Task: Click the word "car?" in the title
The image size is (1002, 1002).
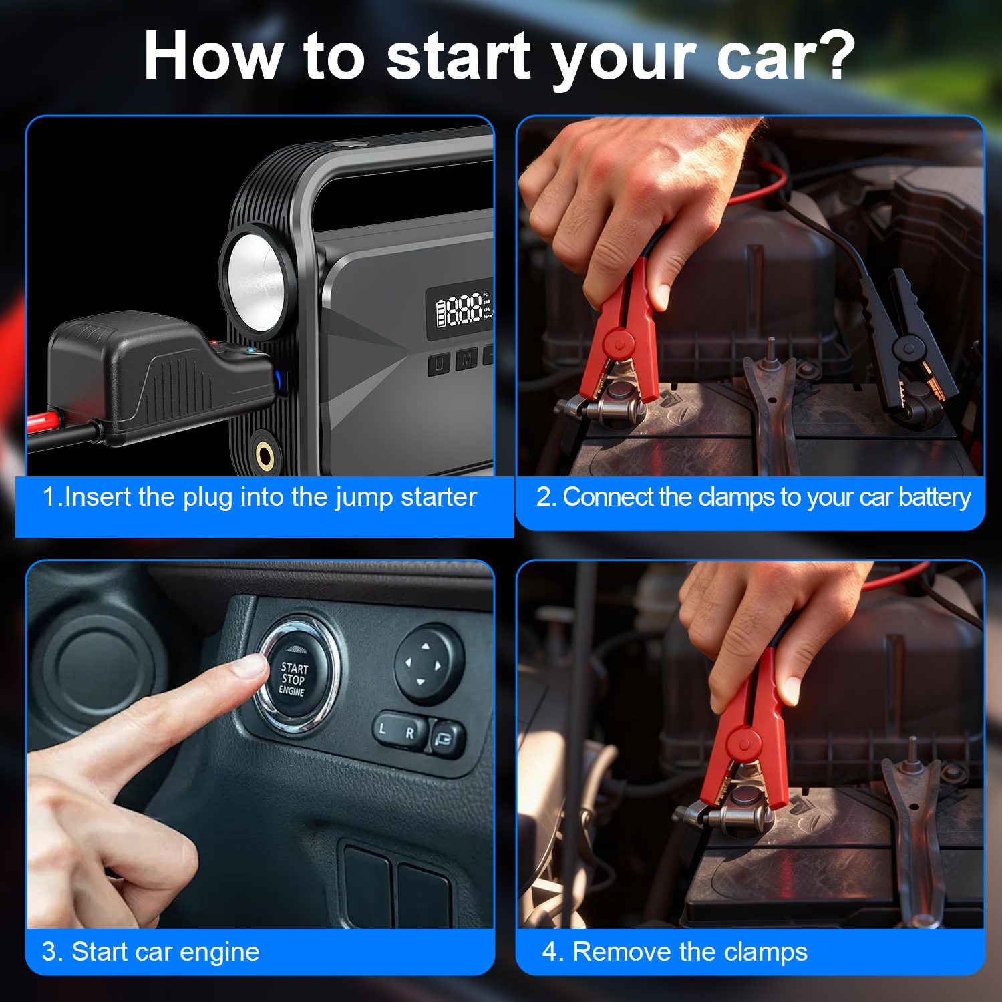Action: (786, 56)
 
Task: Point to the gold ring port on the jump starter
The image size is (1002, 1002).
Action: (265, 456)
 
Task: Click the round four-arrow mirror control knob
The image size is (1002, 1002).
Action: (428, 664)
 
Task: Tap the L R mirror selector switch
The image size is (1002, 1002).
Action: (399, 731)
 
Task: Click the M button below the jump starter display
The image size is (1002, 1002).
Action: (467, 361)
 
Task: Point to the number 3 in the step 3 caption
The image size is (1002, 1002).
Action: (49, 952)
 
